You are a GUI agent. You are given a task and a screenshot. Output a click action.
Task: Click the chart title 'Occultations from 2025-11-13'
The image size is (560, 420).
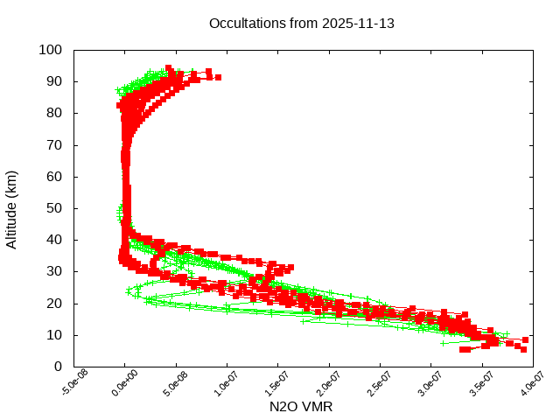tap(302, 24)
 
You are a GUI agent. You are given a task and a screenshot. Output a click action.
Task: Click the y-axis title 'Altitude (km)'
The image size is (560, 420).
tap(12, 208)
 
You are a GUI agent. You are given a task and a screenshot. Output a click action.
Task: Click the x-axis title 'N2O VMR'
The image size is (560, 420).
tap(301, 407)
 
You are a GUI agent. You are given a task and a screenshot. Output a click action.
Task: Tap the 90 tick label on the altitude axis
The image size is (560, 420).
tap(54, 81)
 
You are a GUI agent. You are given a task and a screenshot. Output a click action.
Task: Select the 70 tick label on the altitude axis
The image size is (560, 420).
tap(54, 144)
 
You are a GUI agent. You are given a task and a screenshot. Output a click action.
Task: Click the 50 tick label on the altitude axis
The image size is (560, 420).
tap(54, 208)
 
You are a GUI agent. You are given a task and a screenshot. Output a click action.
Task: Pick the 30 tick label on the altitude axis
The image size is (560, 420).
tap(54, 271)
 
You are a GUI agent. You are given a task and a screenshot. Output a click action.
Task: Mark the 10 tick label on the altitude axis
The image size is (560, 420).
tap(54, 335)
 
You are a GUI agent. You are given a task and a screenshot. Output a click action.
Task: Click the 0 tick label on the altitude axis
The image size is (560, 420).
tap(58, 367)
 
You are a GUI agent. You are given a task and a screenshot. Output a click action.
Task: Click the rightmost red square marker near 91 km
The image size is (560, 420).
tap(218, 78)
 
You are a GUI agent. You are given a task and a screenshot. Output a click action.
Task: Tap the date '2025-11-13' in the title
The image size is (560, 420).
tap(360, 24)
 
